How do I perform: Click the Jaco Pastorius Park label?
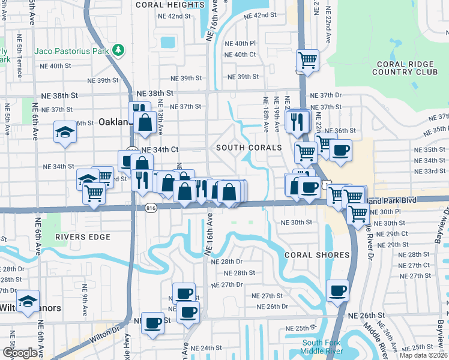pos(71,50)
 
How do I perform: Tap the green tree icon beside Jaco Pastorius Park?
pos(119,50)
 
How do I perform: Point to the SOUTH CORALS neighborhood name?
pos(249,148)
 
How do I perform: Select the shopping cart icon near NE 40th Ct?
pos(307,60)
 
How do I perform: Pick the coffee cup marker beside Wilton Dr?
pos(152,322)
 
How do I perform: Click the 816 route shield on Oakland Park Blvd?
pos(151,208)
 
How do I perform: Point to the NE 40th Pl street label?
pos(240,44)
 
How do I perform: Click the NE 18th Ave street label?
pos(265,114)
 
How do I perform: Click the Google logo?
pos(19,353)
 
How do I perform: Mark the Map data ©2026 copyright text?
pos(424,355)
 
